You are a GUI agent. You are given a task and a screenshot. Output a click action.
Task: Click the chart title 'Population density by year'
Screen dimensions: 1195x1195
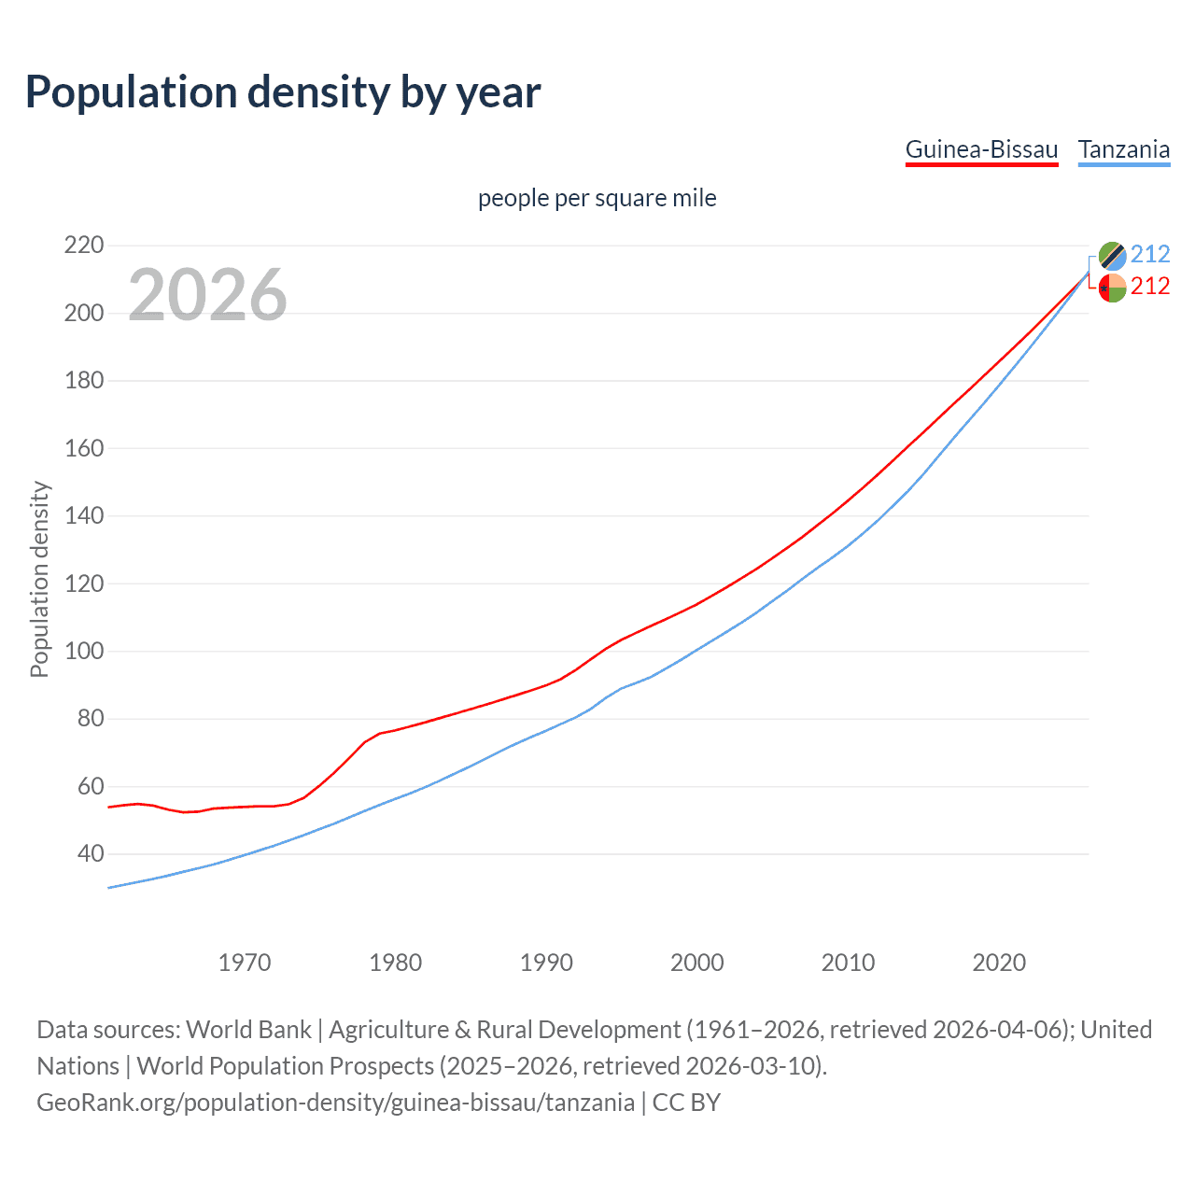(283, 92)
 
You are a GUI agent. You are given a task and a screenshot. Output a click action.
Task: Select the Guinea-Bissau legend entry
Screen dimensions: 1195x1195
(981, 150)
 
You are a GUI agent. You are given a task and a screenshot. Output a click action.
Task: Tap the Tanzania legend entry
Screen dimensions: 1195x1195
(1123, 150)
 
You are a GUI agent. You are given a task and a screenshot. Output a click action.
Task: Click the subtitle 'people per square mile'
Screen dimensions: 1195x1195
(597, 199)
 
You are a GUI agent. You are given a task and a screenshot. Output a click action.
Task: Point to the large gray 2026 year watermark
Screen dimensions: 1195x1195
(207, 295)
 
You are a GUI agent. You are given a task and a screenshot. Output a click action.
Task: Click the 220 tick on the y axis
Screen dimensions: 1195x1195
(83, 246)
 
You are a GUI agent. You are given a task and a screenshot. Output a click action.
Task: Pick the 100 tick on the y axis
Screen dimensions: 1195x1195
(83, 651)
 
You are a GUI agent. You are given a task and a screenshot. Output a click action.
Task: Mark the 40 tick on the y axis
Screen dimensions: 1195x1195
(89, 853)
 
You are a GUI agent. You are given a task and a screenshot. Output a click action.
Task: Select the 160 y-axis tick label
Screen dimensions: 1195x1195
(83, 448)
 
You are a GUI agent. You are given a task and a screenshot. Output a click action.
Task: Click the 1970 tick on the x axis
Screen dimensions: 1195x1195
(245, 963)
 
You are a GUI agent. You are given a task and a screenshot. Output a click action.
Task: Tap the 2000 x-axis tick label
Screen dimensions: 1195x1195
(696, 963)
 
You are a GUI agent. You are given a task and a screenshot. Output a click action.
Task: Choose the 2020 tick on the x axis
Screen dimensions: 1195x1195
(999, 963)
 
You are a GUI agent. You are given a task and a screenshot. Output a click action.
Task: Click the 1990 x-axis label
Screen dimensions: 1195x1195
(546, 963)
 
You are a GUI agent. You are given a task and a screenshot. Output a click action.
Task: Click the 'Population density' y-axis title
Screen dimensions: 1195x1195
(39, 579)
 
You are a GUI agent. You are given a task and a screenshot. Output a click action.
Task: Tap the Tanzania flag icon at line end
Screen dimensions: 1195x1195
(1112, 255)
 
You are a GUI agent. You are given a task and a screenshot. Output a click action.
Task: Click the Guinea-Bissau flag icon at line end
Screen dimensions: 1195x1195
(1112, 288)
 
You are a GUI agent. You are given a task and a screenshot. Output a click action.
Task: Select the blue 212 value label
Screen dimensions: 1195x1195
(1150, 255)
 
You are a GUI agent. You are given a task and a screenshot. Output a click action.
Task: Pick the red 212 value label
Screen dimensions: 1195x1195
(1150, 287)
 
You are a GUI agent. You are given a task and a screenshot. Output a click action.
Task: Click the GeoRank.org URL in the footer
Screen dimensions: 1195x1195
(335, 1103)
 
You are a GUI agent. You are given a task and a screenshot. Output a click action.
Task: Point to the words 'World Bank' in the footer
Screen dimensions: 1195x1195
(248, 1030)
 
